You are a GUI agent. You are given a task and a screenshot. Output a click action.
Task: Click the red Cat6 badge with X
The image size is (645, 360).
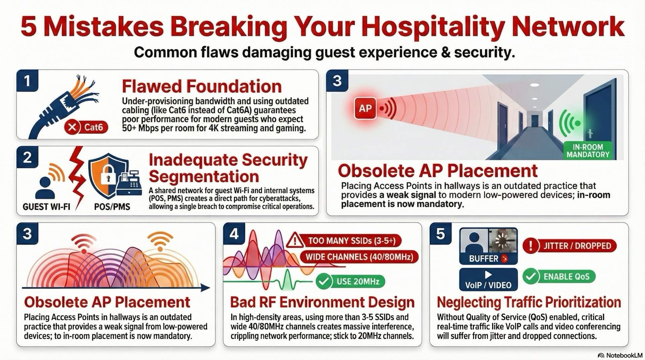click(x=86, y=127)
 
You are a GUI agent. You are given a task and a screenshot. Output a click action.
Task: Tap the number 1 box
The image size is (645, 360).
click(x=27, y=81)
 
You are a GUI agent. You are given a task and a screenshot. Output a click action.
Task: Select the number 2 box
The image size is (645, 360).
click(x=27, y=157)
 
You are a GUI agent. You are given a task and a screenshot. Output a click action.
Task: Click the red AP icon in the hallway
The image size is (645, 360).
click(x=365, y=108)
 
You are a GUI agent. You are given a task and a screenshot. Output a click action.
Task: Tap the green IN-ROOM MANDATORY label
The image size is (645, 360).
click(x=588, y=151)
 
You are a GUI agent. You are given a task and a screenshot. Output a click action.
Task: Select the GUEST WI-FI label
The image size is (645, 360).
click(x=46, y=207)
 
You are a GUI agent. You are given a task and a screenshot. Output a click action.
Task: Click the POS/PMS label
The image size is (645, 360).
click(x=112, y=207)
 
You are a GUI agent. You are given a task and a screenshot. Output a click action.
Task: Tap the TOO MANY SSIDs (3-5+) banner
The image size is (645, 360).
click(x=351, y=241)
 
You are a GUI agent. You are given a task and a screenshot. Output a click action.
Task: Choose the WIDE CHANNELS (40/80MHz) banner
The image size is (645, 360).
click(x=359, y=257)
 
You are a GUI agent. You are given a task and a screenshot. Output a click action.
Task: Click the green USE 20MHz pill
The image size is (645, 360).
click(x=351, y=281)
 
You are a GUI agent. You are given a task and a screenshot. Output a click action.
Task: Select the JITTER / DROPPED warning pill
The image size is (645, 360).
click(x=570, y=246)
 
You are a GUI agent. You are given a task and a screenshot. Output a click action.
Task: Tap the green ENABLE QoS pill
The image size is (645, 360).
click(x=559, y=277)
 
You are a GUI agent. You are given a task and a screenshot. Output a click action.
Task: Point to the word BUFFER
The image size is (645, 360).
click(x=483, y=259)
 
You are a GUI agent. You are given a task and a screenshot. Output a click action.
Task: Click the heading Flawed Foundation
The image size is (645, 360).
click(x=202, y=86)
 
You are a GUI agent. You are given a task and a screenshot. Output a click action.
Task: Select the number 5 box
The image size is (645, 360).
click(x=440, y=234)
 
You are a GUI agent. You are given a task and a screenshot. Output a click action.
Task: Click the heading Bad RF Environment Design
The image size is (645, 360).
click(x=322, y=302)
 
